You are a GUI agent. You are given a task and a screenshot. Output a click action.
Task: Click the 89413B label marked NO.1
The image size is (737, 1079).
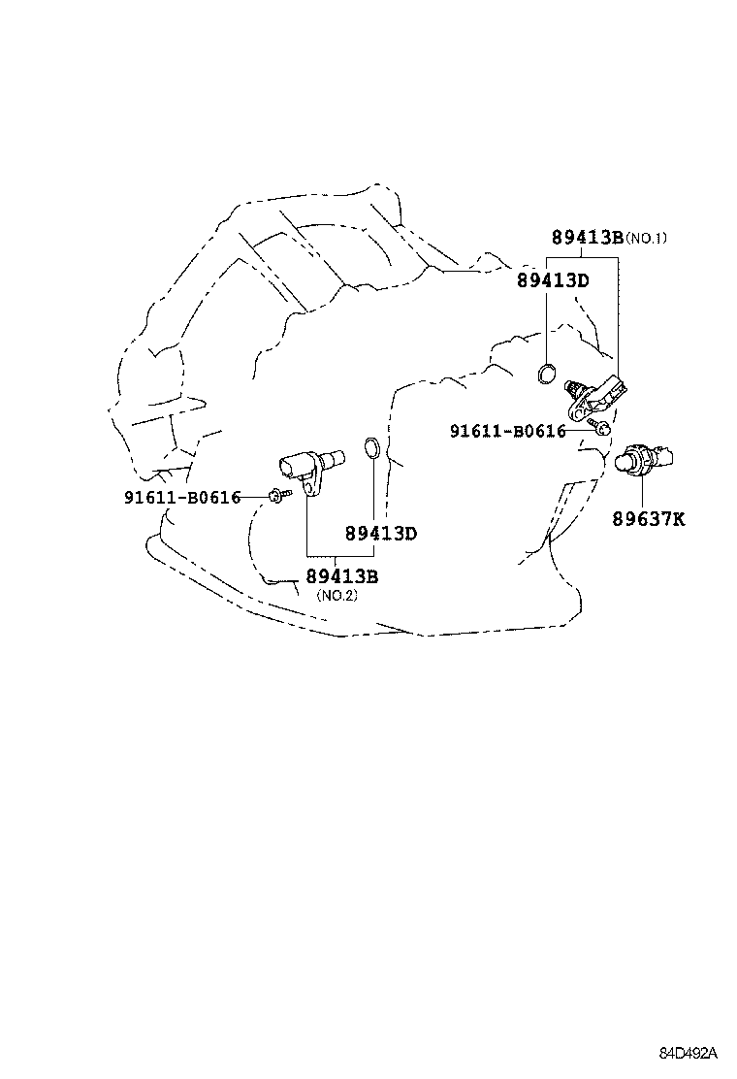(586, 237)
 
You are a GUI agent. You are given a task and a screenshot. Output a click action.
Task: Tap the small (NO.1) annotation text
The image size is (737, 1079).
(646, 238)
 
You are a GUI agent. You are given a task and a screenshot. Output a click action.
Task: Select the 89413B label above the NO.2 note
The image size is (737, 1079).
(341, 576)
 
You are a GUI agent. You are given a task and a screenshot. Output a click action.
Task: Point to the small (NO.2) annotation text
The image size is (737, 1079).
(336, 596)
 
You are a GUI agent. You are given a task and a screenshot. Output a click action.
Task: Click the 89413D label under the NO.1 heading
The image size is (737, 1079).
(553, 280)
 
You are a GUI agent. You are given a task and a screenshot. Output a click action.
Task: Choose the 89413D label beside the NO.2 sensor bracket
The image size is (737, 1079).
(380, 534)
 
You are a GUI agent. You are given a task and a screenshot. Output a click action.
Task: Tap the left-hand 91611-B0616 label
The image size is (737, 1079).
(181, 498)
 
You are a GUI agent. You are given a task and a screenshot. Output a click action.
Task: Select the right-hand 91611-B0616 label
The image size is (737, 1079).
(507, 431)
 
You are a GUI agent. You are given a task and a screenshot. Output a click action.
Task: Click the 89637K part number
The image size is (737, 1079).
(648, 519)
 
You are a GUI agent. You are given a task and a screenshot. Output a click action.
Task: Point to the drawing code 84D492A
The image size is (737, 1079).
(689, 1053)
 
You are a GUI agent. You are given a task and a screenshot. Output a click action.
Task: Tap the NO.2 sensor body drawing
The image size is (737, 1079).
(312, 463)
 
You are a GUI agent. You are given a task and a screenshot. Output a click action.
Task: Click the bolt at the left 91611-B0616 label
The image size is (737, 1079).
(276, 496)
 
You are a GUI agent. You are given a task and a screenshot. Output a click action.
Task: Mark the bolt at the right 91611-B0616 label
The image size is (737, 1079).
(601, 426)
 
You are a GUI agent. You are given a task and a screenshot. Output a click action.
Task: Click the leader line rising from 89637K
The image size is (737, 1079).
(643, 492)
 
